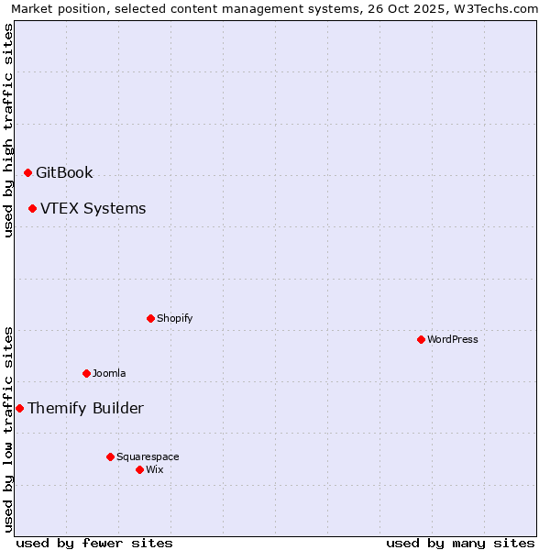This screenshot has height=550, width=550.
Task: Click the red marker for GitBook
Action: pyautogui.click(x=27, y=172)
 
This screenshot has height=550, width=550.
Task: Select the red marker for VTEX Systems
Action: pyautogui.click(x=32, y=208)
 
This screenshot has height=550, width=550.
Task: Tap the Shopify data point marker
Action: pyautogui.click(x=150, y=318)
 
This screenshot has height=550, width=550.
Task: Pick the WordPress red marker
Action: pyautogui.click(x=421, y=339)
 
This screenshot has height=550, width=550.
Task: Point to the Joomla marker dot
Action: pyautogui.click(x=86, y=373)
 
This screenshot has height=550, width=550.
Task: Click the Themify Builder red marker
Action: pyautogui.click(x=19, y=408)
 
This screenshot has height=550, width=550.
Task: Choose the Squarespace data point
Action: pyautogui.click(x=110, y=456)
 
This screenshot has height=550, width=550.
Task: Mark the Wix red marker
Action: pyautogui.click(x=139, y=469)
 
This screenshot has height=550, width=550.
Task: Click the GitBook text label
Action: pyautogui.click(x=64, y=172)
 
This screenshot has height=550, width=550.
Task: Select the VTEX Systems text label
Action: pyautogui.click(x=93, y=208)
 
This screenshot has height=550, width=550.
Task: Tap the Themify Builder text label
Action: pyautogui.click(x=85, y=408)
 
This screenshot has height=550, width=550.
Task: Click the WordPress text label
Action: pyautogui.click(x=453, y=339)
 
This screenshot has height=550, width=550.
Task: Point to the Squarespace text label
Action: pyautogui.click(x=148, y=456)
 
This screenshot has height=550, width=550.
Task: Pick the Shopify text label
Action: pyautogui.click(x=174, y=318)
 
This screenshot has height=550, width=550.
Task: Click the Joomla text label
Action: pyautogui.click(x=109, y=373)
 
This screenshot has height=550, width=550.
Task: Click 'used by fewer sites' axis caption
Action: pyautogui.click(x=94, y=543)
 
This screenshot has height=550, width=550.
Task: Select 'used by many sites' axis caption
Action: pyautogui.click(x=460, y=543)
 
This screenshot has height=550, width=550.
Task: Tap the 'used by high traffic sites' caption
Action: pyautogui.click(x=8, y=130)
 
